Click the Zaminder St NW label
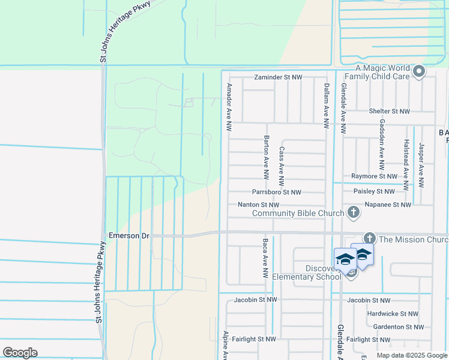(278, 77)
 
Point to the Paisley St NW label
(374, 191)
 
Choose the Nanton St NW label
(259, 205)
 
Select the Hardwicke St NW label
(393, 314)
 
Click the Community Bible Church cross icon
(354, 212)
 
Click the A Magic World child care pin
(419, 73)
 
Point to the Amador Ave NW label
(229, 107)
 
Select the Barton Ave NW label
(266, 157)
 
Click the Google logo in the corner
(20, 352)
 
